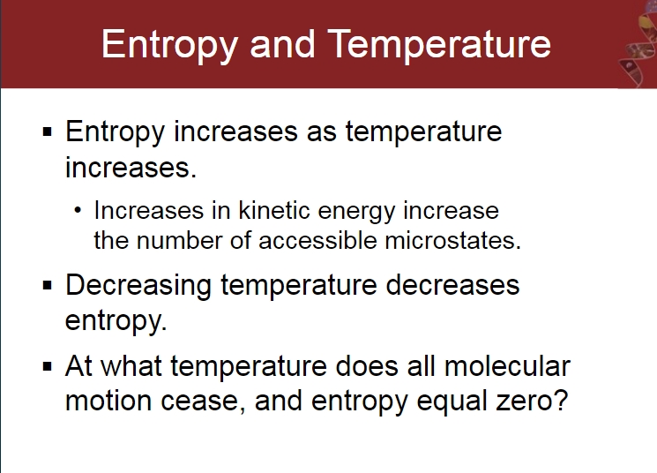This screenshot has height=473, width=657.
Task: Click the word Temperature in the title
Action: [x=439, y=45]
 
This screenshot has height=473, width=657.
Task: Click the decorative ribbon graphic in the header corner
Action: [x=638, y=44]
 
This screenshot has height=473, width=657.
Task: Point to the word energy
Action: [x=356, y=212]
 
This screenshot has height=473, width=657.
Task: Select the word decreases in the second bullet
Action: [x=452, y=285]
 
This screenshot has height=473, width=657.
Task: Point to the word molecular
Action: [x=507, y=366]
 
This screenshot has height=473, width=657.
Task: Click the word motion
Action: [x=109, y=401]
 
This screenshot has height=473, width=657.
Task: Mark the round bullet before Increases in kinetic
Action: [x=77, y=210]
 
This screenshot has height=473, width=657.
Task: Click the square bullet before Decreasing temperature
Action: [x=48, y=286]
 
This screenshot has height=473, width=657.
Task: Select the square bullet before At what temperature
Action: [x=48, y=366]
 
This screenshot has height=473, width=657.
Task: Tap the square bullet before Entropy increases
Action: [x=48, y=132]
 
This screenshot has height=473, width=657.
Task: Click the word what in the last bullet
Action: [x=131, y=366]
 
